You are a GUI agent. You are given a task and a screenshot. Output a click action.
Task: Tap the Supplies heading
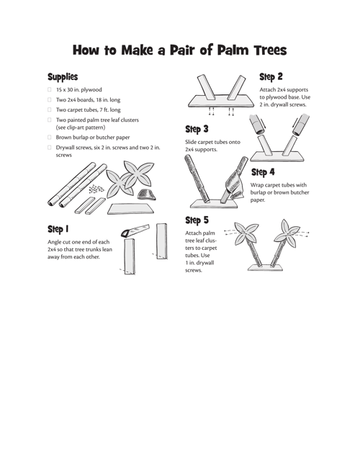pos(63,76)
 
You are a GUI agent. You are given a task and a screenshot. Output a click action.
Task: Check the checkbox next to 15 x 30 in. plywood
pos(50,89)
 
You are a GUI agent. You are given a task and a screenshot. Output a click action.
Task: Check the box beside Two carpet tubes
pos(50,109)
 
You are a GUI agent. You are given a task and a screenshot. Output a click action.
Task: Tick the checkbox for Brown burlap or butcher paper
pos(50,137)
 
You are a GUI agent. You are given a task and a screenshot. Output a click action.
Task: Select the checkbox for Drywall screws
pos(50,147)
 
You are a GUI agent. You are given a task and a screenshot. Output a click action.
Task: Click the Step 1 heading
pos(58,229)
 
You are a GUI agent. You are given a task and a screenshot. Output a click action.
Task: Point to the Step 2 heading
pos(271,76)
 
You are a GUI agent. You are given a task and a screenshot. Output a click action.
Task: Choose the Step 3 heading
pos(197,129)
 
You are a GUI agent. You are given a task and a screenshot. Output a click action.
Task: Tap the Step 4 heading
pos(263,172)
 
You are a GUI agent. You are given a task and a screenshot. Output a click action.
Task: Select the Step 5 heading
pos(197,220)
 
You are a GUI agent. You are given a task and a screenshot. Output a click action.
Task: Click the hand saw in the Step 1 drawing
pos(135,230)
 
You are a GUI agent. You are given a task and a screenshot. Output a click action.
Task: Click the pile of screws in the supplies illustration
pos(96,189)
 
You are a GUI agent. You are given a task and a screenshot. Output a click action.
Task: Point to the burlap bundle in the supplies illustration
pos(146,194)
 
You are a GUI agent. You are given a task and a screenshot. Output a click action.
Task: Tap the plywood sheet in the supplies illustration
pos(131,209)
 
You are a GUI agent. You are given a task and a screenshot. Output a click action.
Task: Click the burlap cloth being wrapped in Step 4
pos(234,187)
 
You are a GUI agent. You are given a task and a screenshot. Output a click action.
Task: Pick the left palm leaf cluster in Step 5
pos(246,233)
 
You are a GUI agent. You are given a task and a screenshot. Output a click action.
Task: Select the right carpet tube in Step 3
pos(300,124)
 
